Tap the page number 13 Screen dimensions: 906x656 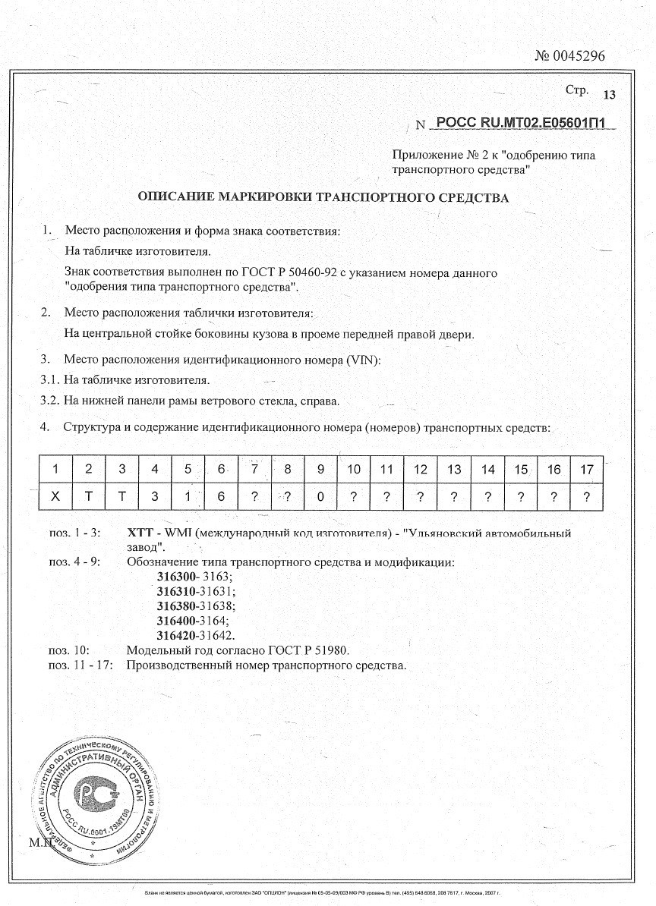[x=610, y=95]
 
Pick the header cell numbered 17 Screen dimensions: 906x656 [x=586, y=470]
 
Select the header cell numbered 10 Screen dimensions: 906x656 [x=354, y=470]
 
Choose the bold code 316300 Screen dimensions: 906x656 [x=176, y=577]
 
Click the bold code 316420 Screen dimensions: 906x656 [x=176, y=635]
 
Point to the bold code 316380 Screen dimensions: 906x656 [x=176, y=606]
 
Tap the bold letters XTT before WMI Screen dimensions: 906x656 [x=141, y=533]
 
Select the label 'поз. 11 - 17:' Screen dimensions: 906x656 [x=81, y=665]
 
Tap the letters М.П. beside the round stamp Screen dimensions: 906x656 [x=39, y=843]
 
